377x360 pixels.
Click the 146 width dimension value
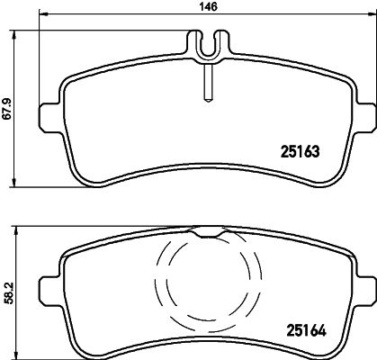pyautogui.click(x=207, y=6)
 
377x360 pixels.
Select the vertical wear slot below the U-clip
pyautogui.click(x=206, y=85)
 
